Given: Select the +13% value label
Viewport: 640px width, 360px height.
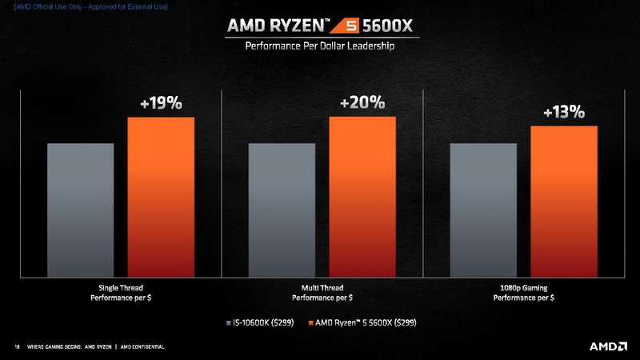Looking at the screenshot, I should [x=563, y=113].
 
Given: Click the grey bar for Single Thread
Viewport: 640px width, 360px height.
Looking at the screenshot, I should [x=80, y=210].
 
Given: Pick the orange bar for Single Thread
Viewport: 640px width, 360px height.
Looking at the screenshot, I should [x=161, y=196].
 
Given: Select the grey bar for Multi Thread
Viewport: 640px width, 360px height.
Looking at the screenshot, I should [x=282, y=210].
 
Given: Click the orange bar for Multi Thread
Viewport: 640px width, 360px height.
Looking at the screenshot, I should [x=362, y=196].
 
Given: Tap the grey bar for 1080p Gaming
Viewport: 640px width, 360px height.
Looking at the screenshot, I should [x=483, y=210].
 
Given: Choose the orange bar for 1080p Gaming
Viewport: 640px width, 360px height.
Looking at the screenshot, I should [x=564, y=201].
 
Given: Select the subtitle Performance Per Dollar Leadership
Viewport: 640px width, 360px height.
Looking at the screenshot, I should [x=320, y=46].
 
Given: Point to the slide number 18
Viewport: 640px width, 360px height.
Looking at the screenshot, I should [x=17, y=347].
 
